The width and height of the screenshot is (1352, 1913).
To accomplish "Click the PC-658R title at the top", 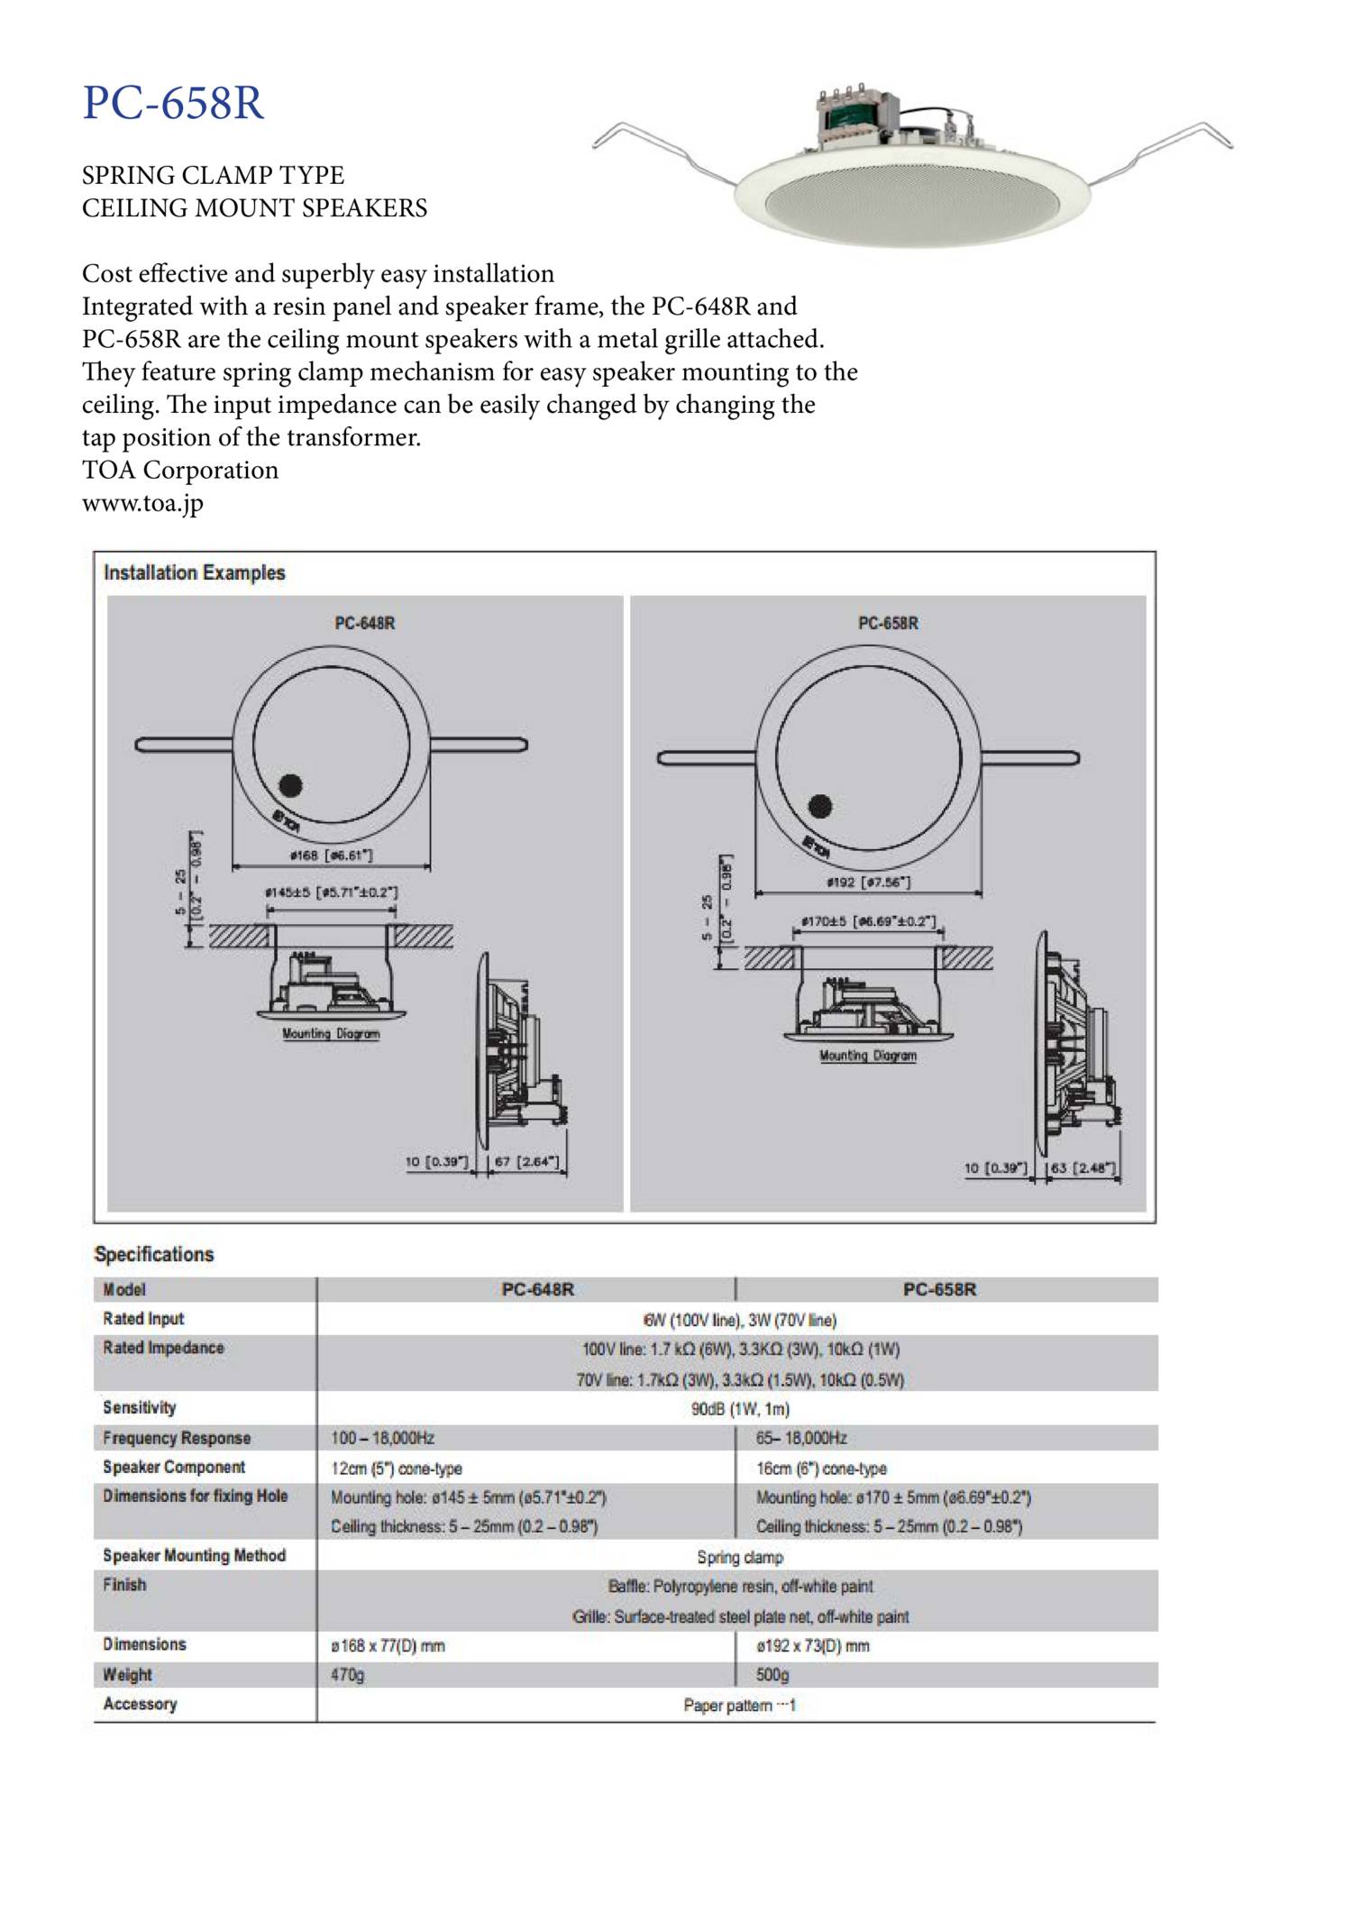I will [173, 103].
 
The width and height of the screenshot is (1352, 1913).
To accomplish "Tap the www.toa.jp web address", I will [142, 503].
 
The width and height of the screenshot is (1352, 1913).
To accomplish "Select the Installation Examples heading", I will [194, 572].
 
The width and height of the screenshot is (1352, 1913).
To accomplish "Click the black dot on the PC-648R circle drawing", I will [290, 785].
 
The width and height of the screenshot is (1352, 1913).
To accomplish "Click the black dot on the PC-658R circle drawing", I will [819, 806].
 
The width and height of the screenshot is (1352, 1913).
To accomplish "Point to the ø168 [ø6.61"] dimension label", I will [331, 855].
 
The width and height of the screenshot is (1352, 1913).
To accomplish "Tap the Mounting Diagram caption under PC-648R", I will [331, 1033].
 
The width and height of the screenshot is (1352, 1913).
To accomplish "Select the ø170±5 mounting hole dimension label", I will [869, 922].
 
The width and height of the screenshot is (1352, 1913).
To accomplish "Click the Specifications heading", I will [154, 1254].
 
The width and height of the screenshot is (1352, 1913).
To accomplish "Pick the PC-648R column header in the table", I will [537, 1289].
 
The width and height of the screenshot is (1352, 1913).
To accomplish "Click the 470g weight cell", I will [348, 1675].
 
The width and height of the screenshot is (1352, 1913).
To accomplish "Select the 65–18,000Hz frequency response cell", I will [801, 1438].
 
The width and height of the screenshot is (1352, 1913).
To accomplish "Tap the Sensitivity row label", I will [140, 1407].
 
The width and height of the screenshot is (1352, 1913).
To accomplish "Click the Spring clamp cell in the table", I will [740, 1557].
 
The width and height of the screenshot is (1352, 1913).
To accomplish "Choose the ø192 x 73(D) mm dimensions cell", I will [813, 1645].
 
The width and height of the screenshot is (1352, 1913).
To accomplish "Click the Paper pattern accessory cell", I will [739, 1705].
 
